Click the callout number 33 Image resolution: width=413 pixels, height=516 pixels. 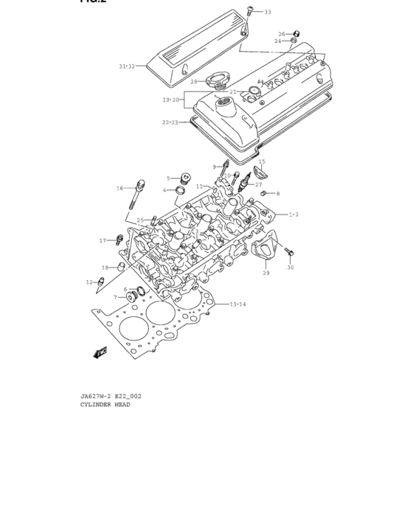(x=267, y=13)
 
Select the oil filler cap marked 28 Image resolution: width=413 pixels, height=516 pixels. (x=219, y=81)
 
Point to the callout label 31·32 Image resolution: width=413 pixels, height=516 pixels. (x=127, y=66)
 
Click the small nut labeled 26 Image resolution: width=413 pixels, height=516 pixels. (x=296, y=34)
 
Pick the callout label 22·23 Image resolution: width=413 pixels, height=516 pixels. (x=170, y=122)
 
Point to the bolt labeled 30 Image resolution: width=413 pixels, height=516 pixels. (x=288, y=253)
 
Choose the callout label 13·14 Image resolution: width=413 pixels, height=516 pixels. (x=237, y=304)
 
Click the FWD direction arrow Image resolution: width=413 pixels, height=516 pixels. (x=100, y=354)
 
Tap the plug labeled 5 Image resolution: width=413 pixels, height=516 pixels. (x=186, y=178)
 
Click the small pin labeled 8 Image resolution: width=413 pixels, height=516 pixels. (x=263, y=193)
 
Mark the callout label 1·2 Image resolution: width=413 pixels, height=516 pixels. (x=293, y=215)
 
